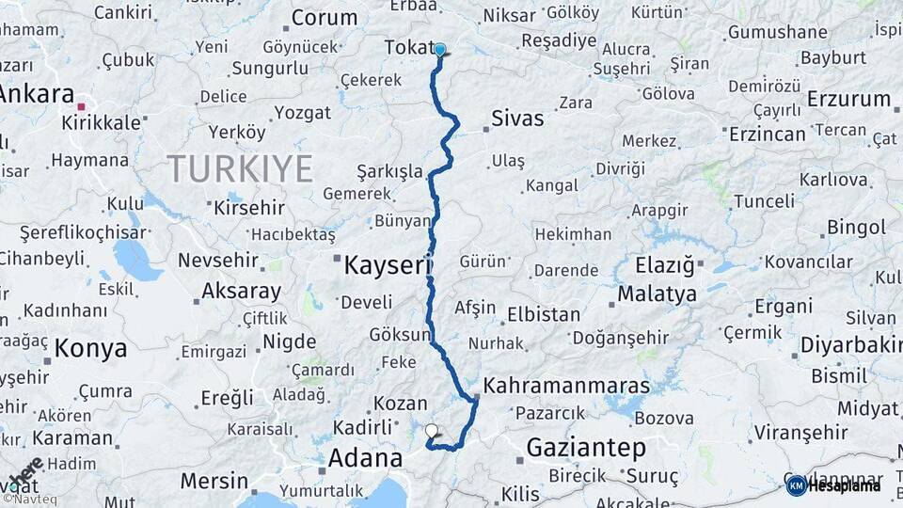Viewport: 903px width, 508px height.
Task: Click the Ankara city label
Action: (38, 94)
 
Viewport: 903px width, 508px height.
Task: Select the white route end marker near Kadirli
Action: (432, 431)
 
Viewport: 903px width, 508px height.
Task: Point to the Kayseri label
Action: (387, 265)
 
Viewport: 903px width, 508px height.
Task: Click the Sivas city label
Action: (517, 119)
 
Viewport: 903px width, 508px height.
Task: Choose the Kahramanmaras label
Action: (566, 386)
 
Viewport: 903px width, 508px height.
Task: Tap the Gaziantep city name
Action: (586, 447)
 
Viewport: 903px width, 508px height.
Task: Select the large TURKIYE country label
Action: (240, 169)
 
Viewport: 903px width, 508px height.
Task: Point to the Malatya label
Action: (657, 294)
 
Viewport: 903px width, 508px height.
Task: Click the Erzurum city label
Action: (848, 99)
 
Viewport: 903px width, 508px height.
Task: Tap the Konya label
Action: (90, 349)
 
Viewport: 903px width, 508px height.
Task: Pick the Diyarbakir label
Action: (850, 345)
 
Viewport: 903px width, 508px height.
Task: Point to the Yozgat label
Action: (302, 113)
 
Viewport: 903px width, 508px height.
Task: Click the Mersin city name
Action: (214, 481)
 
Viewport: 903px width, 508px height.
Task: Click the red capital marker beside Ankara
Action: (83, 108)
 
